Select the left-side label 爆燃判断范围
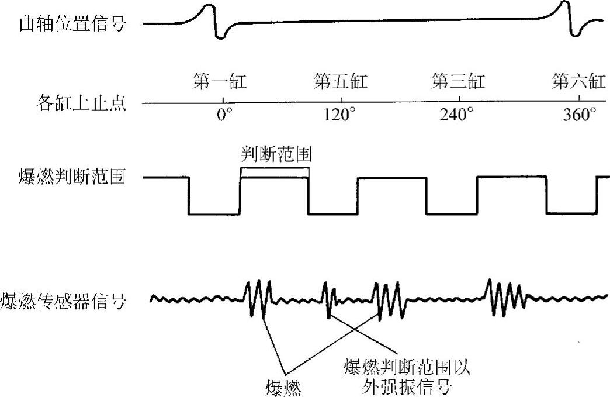pyautogui.click(x=72, y=177)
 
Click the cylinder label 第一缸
pyautogui.click(x=220, y=82)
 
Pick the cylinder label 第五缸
pyautogui.click(x=341, y=82)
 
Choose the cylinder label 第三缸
pyautogui.click(x=458, y=82)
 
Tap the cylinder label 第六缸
pyautogui.click(x=578, y=82)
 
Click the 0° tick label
pyautogui.click(x=220, y=115)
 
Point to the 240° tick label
pyautogui.click(x=458, y=115)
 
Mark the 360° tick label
pyautogui.click(x=578, y=115)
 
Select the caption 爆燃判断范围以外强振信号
pyautogui.click(x=408, y=377)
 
